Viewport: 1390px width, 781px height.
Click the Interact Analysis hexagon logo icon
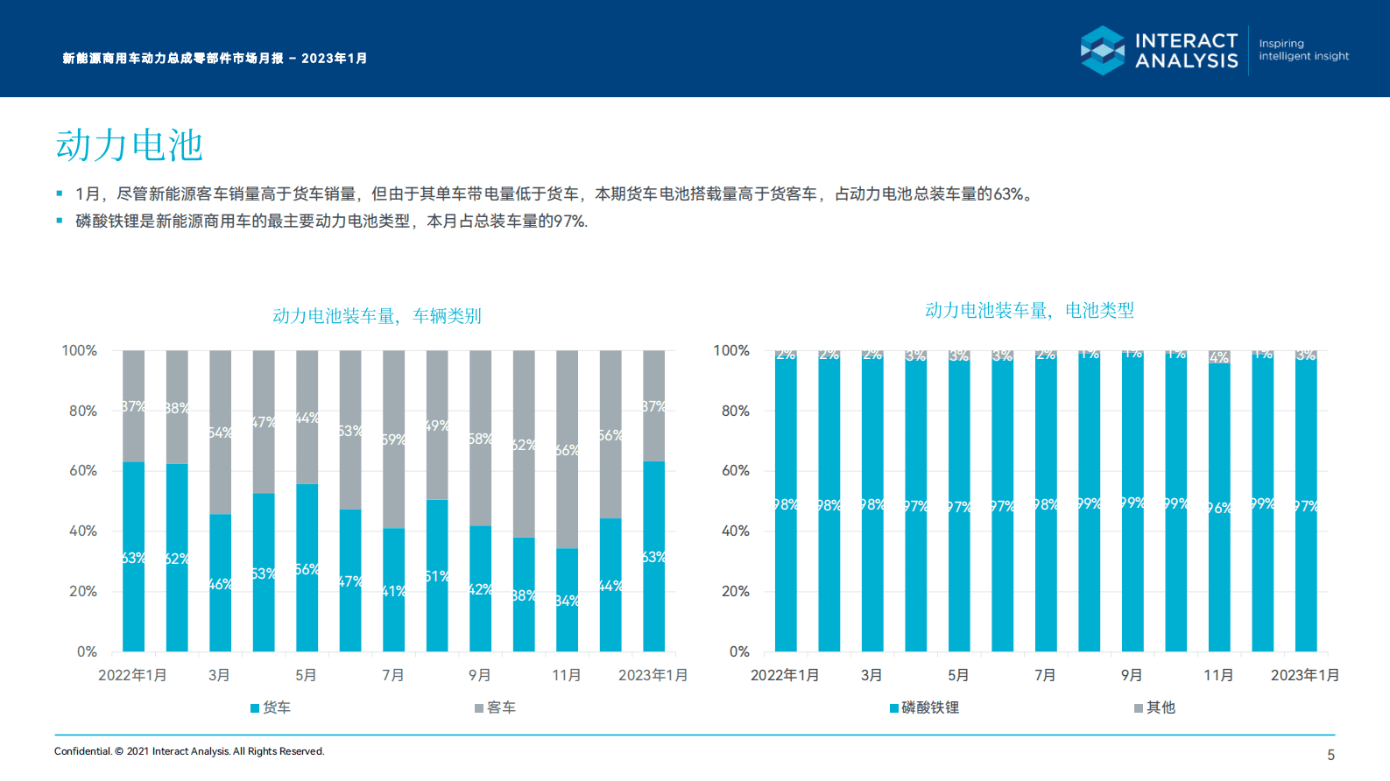pos(1103,50)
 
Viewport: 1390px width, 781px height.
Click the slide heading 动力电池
pos(130,145)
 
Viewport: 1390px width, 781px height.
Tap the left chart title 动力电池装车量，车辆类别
pos(377,315)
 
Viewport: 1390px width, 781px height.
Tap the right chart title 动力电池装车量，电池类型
pos(1029,310)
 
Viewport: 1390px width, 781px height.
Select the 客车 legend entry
pos(496,707)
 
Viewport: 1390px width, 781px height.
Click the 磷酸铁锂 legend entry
pos(925,707)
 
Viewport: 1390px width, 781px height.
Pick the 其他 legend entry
pos(1155,707)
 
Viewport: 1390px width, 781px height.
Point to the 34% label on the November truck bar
pos(567,601)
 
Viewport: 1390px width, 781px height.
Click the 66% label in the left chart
pos(567,450)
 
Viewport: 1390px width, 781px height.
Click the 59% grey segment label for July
pos(393,440)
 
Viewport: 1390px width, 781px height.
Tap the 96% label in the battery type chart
pos(1218,508)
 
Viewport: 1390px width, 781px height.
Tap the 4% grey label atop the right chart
pos(1218,357)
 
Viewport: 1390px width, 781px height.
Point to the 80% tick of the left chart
pos(83,411)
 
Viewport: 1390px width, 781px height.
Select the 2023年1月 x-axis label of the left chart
pos(653,675)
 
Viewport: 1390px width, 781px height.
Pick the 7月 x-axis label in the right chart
pos(1045,675)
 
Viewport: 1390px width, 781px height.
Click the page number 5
pos(1330,755)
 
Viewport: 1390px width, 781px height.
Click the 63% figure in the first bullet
pos(1008,194)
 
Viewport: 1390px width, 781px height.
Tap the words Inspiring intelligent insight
pos(1303,50)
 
